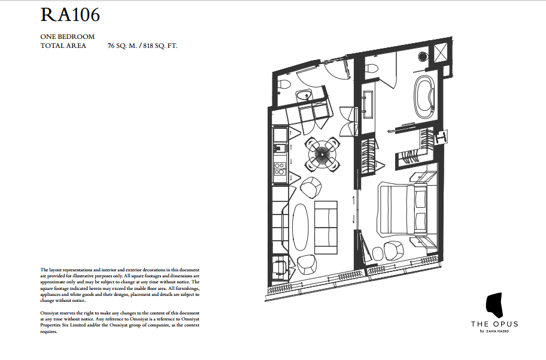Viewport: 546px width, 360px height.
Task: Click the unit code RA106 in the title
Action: coord(70,16)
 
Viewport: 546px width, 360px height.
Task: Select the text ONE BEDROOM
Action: coord(67,37)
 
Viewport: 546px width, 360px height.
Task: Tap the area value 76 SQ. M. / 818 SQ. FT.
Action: coord(142,46)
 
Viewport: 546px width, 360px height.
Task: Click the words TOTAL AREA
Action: coord(63,46)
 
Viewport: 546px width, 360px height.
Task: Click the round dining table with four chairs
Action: coord(322,153)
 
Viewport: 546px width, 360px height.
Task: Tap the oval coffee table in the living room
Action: coord(302,227)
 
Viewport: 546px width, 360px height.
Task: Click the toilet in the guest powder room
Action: coord(284,84)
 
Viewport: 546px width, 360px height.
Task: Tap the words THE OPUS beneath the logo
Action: coord(494,324)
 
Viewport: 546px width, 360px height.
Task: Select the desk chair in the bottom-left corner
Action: coord(278,265)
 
